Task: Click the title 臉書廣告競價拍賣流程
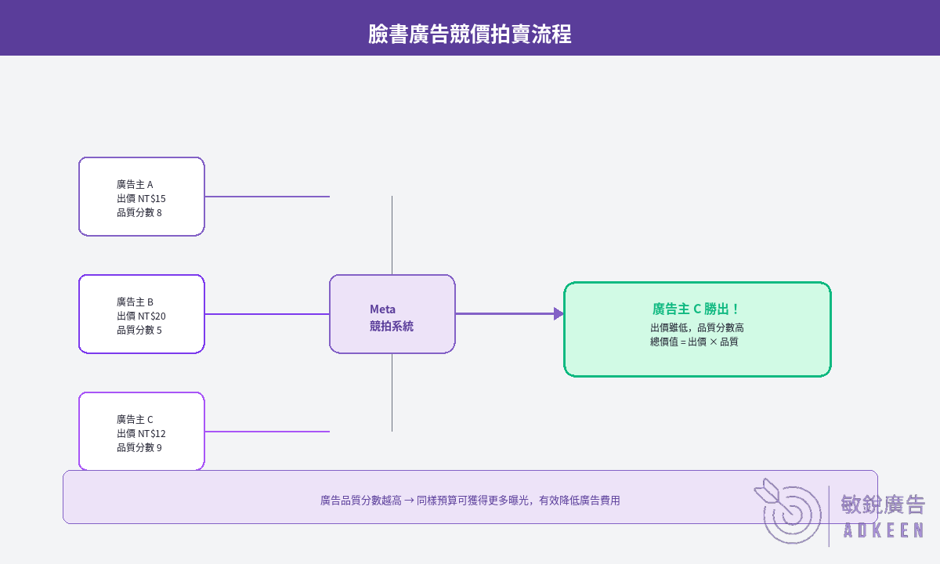click(469, 34)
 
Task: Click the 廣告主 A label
click(135, 184)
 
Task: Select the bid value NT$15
click(152, 198)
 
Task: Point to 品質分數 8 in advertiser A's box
click(139, 213)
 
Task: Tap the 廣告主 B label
click(135, 302)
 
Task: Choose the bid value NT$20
click(152, 316)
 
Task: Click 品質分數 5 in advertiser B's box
click(139, 331)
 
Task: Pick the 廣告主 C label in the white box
click(135, 419)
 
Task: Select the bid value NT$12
click(152, 433)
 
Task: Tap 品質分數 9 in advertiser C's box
click(139, 448)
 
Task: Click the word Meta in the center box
click(382, 309)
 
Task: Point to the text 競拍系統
click(392, 326)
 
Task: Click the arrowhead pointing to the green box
click(559, 313)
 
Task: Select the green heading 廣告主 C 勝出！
click(696, 309)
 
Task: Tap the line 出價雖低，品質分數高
click(697, 327)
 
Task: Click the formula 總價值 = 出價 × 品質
click(694, 342)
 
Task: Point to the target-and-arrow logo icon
click(788, 511)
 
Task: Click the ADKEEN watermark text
click(884, 530)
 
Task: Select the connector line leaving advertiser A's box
click(267, 197)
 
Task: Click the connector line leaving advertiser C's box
click(267, 432)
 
